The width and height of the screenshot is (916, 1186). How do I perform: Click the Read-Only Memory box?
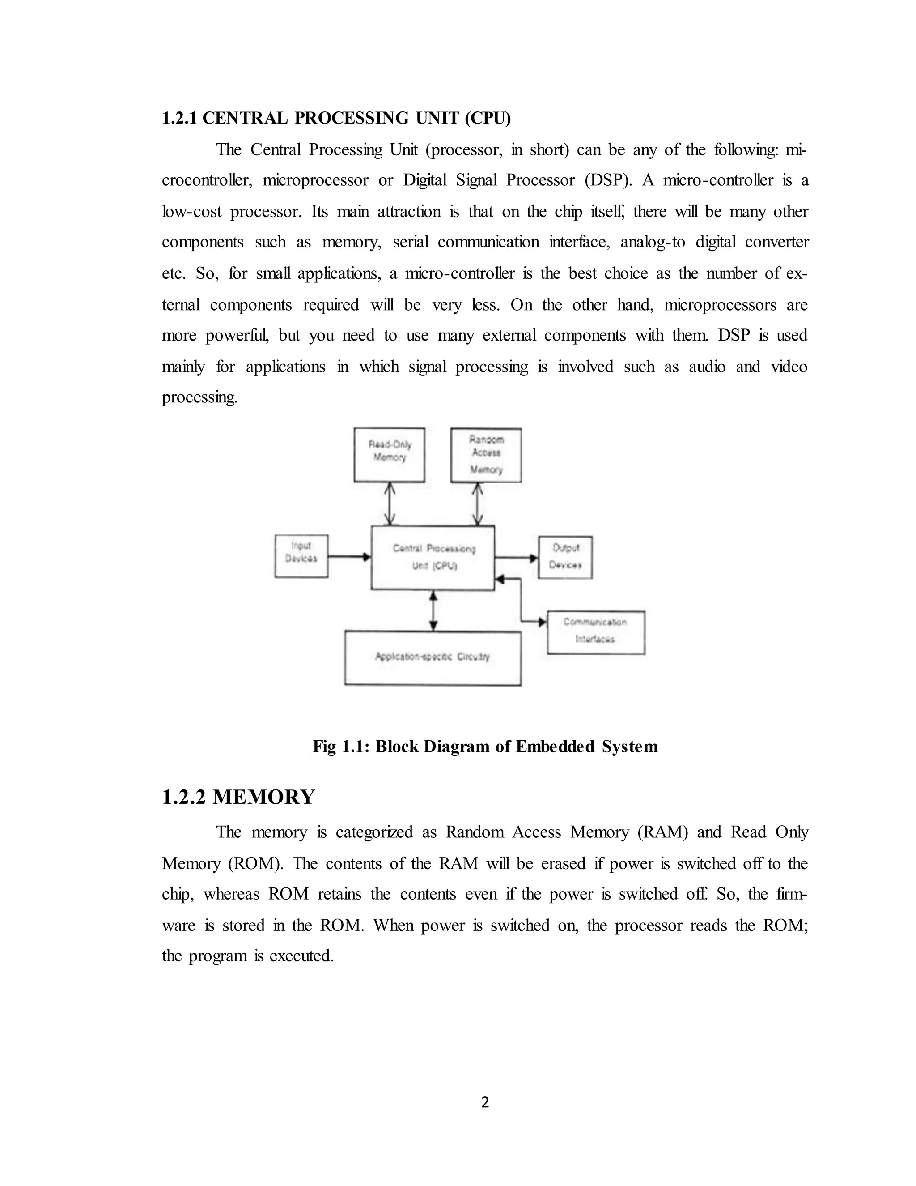(x=389, y=455)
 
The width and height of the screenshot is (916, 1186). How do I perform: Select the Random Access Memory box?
(x=486, y=455)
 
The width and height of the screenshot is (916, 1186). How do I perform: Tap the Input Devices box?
(x=301, y=556)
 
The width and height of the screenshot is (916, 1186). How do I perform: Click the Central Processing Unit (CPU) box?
(x=433, y=557)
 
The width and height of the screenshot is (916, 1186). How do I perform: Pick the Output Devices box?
(x=565, y=557)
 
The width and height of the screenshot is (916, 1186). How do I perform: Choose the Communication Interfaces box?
(x=595, y=632)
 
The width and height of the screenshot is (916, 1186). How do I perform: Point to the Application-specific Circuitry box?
(x=433, y=657)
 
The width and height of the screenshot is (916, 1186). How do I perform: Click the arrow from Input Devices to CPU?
(x=349, y=557)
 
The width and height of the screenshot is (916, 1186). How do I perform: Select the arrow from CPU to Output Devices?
(x=516, y=558)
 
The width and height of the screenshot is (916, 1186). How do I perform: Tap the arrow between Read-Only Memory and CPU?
(x=390, y=504)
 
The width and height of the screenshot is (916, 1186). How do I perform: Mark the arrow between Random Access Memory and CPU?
(x=478, y=504)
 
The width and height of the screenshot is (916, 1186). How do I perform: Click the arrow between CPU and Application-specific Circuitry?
(x=433, y=610)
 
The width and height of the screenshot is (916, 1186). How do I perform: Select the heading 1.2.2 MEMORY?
(x=238, y=797)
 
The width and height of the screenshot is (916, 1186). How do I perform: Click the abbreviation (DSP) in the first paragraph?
(x=608, y=180)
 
